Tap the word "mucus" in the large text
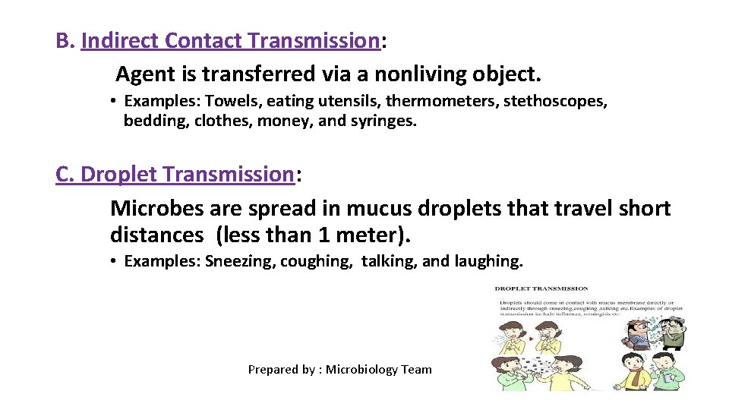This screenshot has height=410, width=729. pyautogui.click(x=377, y=208)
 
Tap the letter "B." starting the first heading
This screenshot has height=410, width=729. pyautogui.click(x=65, y=41)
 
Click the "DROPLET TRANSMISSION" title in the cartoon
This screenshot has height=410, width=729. pyautogui.click(x=541, y=289)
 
